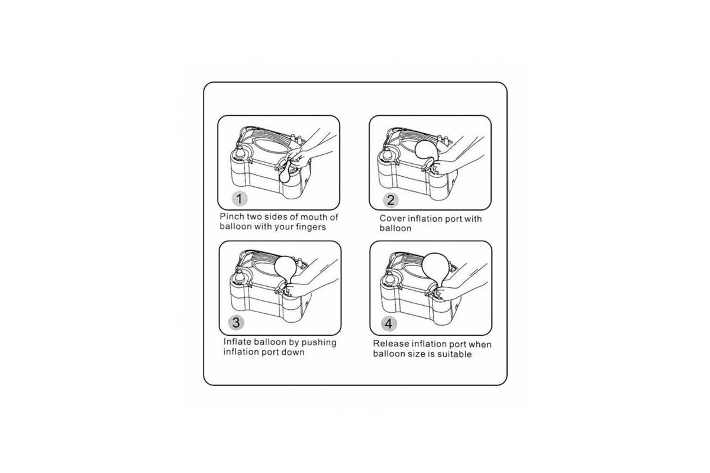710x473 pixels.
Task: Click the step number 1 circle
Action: click(239, 199)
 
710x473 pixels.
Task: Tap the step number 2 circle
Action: click(390, 200)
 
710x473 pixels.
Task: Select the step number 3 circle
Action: click(236, 322)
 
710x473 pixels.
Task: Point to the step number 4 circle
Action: click(389, 324)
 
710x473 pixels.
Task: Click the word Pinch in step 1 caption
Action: click(232, 217)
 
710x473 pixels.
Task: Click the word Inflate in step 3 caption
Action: click(237, 342)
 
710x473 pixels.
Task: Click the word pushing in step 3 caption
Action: click(319, 343)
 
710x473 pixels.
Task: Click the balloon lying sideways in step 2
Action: click(427, 152)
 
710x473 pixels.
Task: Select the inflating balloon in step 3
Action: click(286, 268)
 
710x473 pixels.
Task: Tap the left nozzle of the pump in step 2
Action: click(388, 155)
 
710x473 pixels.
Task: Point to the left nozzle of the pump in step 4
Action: click(389, 281)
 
